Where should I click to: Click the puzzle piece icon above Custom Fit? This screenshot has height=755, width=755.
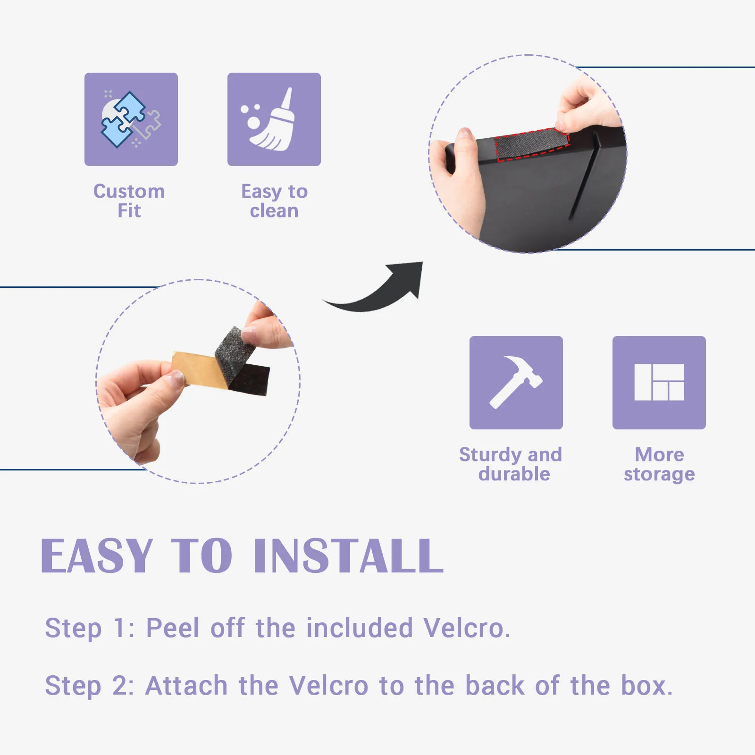coord(131,120)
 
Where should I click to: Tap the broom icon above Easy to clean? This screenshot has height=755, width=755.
coord(269,120)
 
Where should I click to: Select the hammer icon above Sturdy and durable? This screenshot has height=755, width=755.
coord(516,382)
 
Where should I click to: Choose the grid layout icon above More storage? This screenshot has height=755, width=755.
coord(659,382)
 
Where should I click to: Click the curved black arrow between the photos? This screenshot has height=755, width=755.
coord(377,293)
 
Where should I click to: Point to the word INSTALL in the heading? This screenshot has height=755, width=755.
coord(349,556)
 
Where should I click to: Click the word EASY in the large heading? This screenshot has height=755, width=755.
coord(97,556)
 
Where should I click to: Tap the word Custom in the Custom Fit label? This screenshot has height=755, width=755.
coord(129,191)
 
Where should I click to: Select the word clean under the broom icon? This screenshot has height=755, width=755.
coord(274,211)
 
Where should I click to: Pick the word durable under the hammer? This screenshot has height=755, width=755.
coord(514,474)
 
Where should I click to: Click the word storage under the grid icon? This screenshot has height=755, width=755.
coord(659,474)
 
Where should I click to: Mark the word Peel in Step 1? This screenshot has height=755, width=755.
coord(173,628)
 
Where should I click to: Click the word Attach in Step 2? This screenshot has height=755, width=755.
coord(187,686)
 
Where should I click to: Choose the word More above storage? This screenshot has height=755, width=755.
coord(659,454)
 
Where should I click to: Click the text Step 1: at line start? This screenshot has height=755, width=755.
coord(90,629)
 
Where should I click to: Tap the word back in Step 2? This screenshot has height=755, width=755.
coord(495,686)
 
